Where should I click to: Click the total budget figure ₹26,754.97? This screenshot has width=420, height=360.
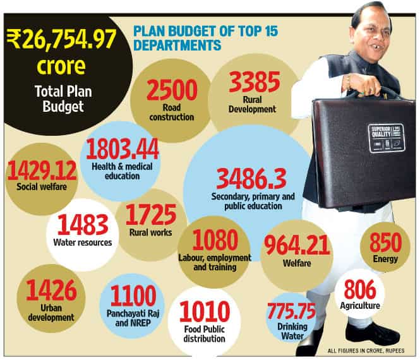pyautogui.click(x=62, y=39)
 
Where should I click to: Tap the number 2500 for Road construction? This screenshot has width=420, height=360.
pyautogui.click(x=172, y=90)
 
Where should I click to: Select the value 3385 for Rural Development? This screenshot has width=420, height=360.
pyautogui.click(x=255, y=82)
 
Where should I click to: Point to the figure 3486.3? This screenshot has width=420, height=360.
pyautogui.click(x=251, y=179)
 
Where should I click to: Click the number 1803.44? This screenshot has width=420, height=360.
pyautogui.click(x=123, y=149)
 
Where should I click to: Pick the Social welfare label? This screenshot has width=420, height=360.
pyautogui.click(x=42, y=186)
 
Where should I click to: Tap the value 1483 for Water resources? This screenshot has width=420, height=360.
pyautogui.click(x=83, y=224)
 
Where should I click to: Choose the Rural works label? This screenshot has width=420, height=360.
pyautogui.click(x=150, y=232)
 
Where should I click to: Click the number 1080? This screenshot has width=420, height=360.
pyautogui.click(x=215, y=240)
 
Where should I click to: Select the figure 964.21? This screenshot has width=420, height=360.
pyautogui.click(x=297, y=245)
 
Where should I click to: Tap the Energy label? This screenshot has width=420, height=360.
pyautogui.click(x=385, y=259)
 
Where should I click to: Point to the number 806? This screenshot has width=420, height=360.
pyautogui.click(x=360, y=289)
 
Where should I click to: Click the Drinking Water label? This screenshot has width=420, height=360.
pyautogui.click(x=292, y=332)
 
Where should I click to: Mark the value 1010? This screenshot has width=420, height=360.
pyautogui.click(x=205, y=311)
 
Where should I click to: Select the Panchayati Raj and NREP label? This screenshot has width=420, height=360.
pyautogui.click(x=133, y=318)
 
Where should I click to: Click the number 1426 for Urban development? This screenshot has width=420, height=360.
pyautogui.click(x=52, y=290)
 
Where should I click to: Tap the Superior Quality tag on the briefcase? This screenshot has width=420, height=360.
pyautogui.click(x=386, y=138)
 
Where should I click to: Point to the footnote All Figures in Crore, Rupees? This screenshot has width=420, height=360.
pyautogui.click(x=366, y=351)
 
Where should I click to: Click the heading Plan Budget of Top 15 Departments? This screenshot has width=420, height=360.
pyautogui.click(x=206, y=38)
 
